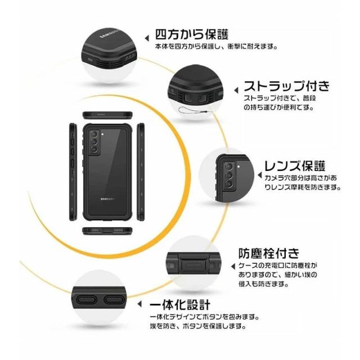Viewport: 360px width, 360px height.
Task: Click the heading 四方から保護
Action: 192,35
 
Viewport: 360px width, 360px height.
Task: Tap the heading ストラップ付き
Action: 286,86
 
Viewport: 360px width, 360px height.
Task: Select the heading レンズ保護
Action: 295,166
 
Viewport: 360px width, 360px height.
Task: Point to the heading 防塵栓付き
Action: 269,254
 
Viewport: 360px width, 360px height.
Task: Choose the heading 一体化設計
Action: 180,305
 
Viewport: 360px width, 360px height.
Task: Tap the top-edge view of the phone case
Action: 107,115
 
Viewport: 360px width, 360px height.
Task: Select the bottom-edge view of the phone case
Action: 107,231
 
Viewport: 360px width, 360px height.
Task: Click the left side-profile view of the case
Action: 73,172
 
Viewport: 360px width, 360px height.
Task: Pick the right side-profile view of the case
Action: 141,172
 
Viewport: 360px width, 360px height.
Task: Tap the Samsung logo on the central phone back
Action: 107,199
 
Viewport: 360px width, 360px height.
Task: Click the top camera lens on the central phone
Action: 94,134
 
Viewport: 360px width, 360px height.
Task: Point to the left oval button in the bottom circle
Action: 86,300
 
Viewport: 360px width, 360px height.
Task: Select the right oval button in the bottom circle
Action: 114,300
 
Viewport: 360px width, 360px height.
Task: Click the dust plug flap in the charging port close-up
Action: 193,265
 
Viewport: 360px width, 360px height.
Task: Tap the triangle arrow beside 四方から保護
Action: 147,38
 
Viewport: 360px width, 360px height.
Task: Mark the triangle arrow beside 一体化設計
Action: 139,304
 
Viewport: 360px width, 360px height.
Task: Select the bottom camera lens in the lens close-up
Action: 229,183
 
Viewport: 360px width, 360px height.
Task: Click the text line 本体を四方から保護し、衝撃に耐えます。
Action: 216,47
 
